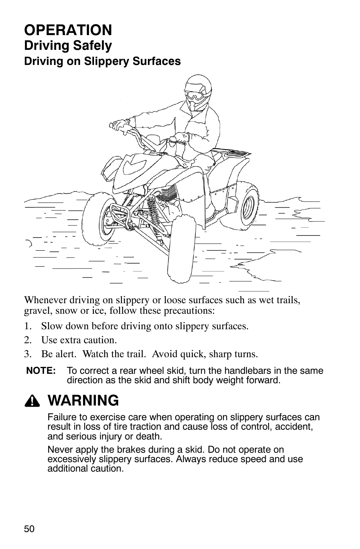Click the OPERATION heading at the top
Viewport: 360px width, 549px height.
[x=68, y=30]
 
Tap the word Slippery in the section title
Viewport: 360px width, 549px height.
[x=106, y=61]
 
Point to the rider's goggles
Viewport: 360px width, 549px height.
[x=195, y=95]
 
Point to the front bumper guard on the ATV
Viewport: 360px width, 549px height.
[x=121, y=215]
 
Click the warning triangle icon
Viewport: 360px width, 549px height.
[x=32, y=401]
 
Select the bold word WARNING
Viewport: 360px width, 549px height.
[x=83, y=401]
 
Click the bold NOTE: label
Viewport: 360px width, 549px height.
[x=41, y=370]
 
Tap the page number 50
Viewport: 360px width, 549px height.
[x=29, y=527]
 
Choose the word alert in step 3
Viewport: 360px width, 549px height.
[x=66, y=354]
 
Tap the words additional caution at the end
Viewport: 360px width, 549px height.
[x=85, y=468]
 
